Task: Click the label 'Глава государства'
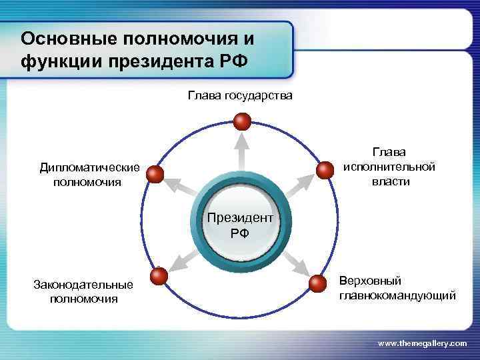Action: (x=239, y=96)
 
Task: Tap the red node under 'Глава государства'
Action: (x=242, y=121)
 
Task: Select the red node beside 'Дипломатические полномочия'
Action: (x=155, y=175)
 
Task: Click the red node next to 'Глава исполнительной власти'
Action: (x=324, y=170)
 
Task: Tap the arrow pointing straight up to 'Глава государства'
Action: (x=242, y=150)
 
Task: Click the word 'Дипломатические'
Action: (x=89, y=167)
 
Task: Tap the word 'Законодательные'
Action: (x=83, y=285)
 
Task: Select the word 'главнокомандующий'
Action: (x=397, y=295)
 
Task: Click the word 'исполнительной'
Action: (x=389, y=167)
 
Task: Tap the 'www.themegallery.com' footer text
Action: (x=422, y=343)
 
